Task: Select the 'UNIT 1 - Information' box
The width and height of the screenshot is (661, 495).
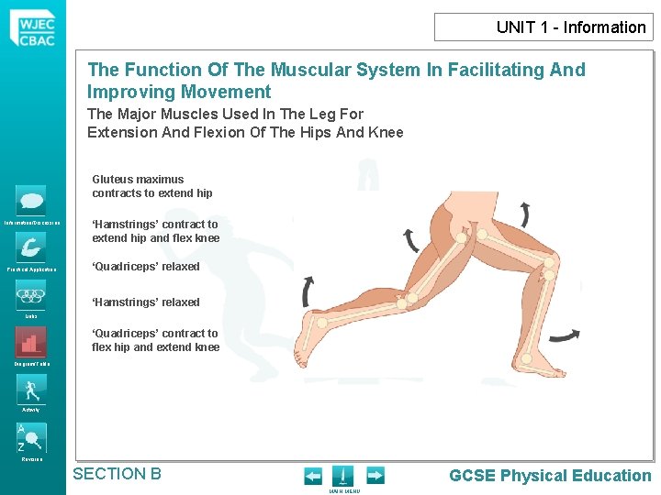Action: [543, 27]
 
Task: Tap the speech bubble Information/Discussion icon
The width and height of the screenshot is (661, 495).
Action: [30, 201]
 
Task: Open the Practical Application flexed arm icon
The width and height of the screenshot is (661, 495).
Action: [30, 247]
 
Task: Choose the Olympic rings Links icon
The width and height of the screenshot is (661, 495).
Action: [30, 295]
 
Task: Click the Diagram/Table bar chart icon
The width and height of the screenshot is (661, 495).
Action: [30, 342]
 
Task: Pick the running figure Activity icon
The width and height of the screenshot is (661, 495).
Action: [30, 389]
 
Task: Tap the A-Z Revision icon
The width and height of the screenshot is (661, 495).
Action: [30, 436]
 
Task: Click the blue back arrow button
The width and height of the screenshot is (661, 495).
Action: [313, 476]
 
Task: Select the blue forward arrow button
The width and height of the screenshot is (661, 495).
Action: [375, 476]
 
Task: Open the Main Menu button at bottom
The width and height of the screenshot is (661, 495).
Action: [343, 477]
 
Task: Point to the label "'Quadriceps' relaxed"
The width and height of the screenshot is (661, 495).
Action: [145, 267]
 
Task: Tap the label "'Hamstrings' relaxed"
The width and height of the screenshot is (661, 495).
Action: [145, 302]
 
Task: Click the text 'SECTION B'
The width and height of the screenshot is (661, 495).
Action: [117, 474]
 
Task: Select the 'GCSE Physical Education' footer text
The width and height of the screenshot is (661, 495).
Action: [550, 476]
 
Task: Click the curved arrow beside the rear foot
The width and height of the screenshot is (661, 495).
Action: [307, 293]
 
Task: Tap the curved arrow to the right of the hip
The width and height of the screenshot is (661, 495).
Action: [524, 214]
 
